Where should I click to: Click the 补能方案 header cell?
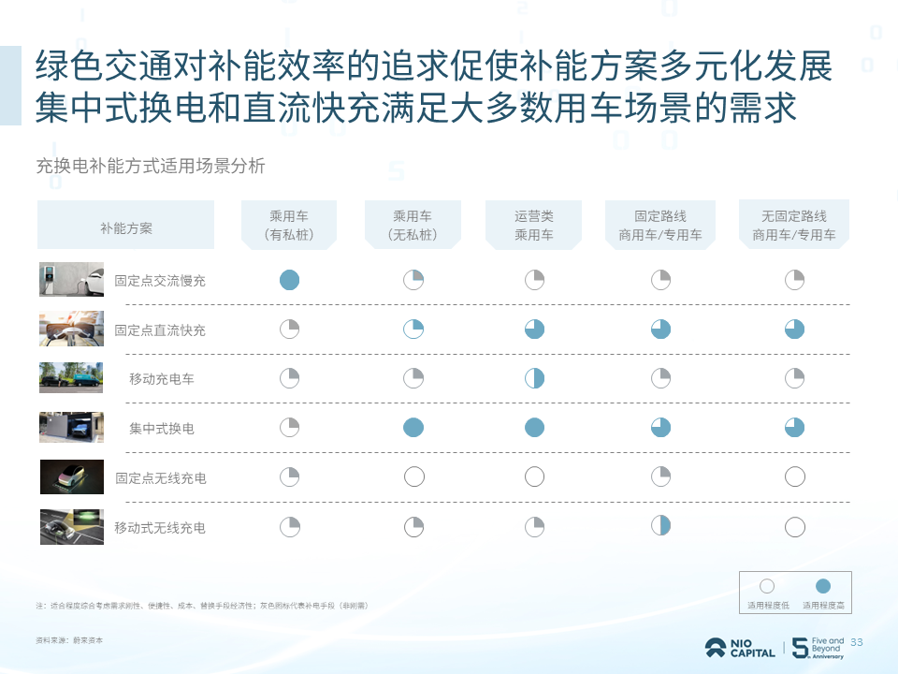coord(126,226)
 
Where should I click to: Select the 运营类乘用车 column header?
coord(534,226)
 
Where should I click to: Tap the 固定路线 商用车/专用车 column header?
coord(660,226)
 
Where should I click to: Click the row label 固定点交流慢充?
coord(160,280)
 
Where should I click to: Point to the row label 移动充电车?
coord(162,379)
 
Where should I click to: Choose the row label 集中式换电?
coord(162,429)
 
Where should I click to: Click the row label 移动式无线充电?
coord(160,528)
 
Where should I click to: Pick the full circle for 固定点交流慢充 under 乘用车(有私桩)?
coord(290,280)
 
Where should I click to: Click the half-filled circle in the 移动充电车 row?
coord(534,378)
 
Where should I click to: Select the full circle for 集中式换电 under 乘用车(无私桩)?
coord(413,428)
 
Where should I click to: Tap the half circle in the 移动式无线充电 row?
coord(661,525)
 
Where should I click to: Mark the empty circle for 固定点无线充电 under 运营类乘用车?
coord(534,477)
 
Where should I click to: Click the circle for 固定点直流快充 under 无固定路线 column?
coord(794,330)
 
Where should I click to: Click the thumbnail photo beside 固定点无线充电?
coord(72,477)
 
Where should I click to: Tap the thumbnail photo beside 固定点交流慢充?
coord(72,280)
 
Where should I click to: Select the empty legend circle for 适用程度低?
coord(767,587)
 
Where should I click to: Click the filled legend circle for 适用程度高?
coord(823,587)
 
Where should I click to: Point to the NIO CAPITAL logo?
coord(740,648)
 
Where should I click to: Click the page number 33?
coord(856,642)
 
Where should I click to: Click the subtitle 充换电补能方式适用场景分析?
coord(151,167)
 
